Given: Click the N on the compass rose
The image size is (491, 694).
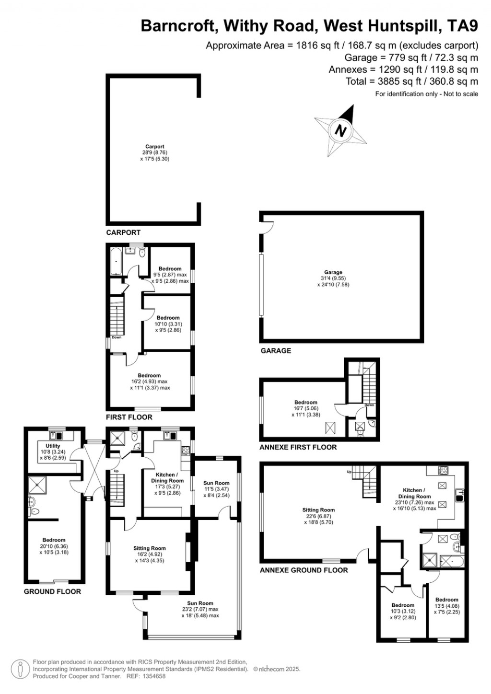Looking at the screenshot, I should tap(341, 130).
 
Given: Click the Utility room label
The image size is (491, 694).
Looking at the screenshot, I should tap(53, 446).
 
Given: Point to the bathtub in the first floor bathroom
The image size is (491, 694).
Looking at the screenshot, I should tap(117, 262).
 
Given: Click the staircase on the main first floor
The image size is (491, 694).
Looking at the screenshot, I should tap(117, 316).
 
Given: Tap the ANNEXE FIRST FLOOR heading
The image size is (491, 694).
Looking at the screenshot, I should tap(298, 447).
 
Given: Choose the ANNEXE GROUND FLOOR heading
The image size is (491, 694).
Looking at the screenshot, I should tap(304, 570).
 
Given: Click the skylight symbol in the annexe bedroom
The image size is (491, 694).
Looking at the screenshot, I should tap(330, 428).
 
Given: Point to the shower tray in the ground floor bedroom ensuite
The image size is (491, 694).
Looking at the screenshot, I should tap(37, 485).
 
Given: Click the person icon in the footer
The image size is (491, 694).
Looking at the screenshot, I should tap(20, 669).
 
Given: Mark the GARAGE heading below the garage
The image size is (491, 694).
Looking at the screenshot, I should tap(276, 351).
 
